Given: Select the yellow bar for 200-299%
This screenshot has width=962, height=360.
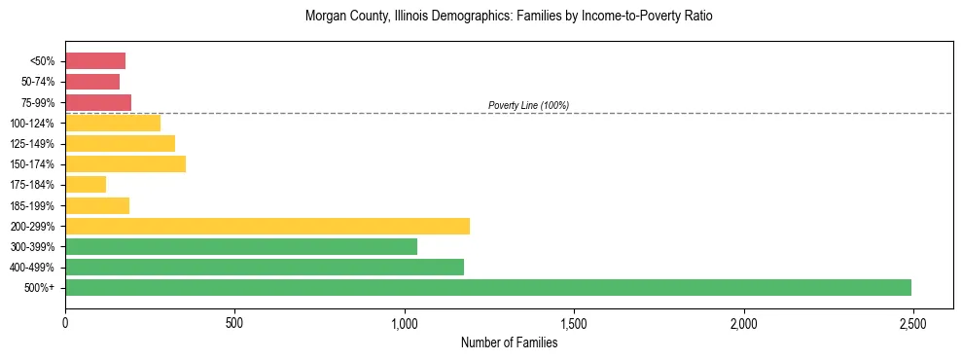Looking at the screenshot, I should point(267,226).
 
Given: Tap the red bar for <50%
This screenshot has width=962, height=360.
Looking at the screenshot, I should point(95,61).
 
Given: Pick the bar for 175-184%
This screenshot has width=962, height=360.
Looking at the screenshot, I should point(86,185).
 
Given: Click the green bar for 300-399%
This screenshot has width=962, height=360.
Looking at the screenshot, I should point(241,246).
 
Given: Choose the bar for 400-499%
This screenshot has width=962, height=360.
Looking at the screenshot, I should point(265,267).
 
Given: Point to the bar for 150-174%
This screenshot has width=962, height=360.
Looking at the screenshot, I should point(125,164).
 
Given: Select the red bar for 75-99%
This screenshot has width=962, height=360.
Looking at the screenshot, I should point(98,102).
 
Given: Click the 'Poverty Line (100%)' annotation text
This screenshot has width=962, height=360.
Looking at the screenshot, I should point(528,105).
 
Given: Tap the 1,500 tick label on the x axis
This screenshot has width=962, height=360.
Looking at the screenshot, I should point(574,323).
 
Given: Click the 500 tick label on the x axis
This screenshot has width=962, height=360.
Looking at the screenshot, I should point(234,323).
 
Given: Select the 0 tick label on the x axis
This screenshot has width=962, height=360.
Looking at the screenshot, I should point(65,323).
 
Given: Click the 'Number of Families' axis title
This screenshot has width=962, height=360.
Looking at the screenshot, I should point(509,342).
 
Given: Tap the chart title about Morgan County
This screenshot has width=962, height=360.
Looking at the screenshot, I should point(509,17).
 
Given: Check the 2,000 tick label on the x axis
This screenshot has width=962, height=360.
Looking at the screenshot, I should point(744,323).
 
